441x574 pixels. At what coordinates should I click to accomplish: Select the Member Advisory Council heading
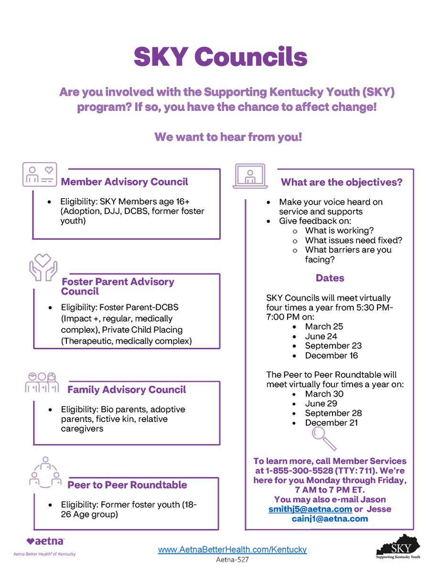[125, 182]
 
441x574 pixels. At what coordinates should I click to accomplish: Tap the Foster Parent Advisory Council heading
[118, 287]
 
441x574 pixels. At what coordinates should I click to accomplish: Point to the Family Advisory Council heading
[127, 390]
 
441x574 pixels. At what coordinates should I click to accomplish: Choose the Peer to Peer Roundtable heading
[127, 485]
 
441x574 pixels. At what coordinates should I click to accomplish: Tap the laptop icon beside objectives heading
[250, 176]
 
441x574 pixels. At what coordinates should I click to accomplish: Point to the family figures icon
[42, 382]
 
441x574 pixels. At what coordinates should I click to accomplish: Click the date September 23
[333, 346]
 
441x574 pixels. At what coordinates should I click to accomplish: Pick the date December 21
[331, 423]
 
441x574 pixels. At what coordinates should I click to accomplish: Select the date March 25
[324, 327]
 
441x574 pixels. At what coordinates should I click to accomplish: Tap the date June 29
[321, 404]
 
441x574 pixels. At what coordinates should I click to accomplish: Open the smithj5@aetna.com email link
[310, 509]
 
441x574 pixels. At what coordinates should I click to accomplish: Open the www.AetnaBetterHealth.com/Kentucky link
[232, 550]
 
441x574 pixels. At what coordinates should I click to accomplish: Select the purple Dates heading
[330, 278]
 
